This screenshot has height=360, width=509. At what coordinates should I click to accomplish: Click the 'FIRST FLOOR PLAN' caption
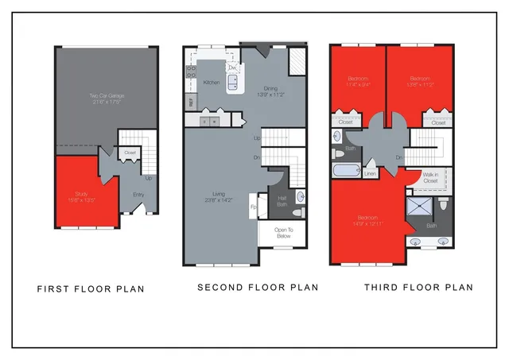point(91,289)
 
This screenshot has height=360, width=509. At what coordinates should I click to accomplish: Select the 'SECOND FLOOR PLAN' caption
point(258,287)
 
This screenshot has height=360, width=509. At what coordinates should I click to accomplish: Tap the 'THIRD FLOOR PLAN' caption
point(418,287)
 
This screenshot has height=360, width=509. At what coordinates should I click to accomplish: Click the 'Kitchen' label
point(212,82)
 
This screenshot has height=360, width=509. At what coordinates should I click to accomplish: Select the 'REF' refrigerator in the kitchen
point(191,102)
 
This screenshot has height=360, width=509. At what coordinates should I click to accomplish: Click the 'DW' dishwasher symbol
point(233,69)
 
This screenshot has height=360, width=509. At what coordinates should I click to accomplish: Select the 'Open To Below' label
point(282,233)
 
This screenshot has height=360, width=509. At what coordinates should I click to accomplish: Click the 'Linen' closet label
point(371,172)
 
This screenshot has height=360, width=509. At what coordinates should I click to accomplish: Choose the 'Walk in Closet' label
point(430,178)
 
